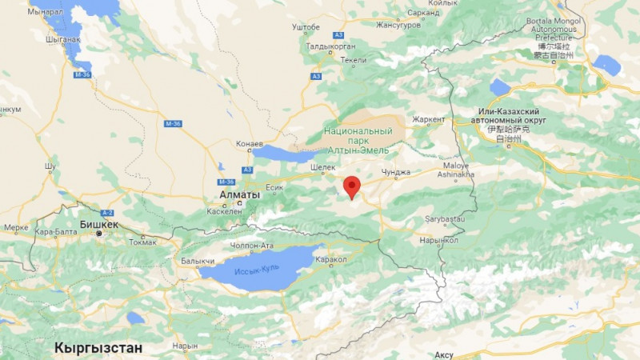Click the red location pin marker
point(351,186)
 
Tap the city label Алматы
point(240,194)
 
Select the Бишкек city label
point(98,224)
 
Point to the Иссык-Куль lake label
point(257,268)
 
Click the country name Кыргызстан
point(98,348)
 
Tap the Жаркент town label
point(429,119)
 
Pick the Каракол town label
point(330,260)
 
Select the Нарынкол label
point(439,240)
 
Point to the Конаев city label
point(250,144)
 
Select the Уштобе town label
point(306,27)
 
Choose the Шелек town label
point(323,168)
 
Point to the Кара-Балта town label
point(53,232)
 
